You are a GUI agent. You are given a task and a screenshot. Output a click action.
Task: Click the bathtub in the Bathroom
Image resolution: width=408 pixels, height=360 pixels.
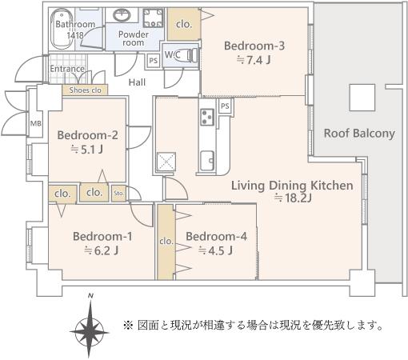[62, 29]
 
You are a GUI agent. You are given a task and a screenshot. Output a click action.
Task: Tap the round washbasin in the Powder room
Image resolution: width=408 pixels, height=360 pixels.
[122, 15]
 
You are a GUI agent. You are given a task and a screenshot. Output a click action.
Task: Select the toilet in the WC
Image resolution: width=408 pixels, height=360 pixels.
[191, 55]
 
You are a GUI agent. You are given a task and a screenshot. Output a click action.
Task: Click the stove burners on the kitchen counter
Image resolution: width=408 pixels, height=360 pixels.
[207, 117]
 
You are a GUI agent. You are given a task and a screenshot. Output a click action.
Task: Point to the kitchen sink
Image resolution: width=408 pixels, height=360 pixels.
[207, 161]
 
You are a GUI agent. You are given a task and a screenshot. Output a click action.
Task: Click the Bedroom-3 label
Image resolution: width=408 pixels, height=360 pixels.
[254, 46]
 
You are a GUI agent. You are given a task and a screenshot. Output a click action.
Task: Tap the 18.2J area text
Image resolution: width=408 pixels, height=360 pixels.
[294, 198]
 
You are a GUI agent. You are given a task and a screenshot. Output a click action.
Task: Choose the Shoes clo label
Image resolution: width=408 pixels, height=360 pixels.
[86, 90]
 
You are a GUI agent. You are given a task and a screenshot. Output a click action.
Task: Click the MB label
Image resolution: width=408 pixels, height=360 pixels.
[36, 123]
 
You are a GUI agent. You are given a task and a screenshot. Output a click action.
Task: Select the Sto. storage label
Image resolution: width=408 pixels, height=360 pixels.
[118, 193]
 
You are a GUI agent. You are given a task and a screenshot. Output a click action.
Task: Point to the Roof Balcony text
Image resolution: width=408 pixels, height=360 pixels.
[359, 133]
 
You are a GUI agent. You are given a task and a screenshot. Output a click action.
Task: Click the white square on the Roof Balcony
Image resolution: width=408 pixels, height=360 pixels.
[362, 98]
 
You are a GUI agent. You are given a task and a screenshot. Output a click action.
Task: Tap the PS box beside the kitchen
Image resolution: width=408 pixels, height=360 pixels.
[225, 106]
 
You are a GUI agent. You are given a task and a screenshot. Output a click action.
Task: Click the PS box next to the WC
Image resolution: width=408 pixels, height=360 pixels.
[154, 61]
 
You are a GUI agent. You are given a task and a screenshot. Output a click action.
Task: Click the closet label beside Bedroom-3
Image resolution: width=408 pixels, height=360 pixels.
[184, 24]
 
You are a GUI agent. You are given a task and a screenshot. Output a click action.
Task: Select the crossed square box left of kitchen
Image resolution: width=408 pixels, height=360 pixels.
[166, 162]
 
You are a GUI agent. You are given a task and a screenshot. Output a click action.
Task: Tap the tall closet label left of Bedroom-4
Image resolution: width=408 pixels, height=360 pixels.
[166, 242]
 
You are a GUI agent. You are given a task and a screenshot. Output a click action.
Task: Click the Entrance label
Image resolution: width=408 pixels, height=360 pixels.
[67, 69]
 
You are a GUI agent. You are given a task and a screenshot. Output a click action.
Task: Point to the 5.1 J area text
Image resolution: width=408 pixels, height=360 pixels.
[86, 150]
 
